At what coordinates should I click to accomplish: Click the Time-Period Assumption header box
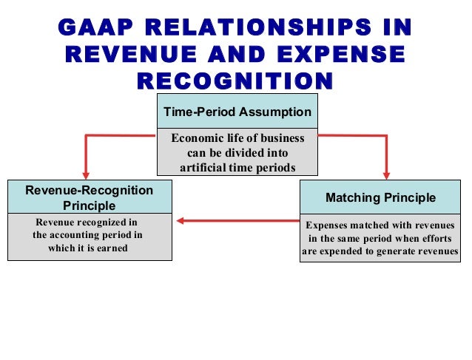(237, 112)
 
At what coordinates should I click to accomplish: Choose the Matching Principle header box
(380, 198)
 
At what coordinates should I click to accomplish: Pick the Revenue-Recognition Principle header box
(90, 197)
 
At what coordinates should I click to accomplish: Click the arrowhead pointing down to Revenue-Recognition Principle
(88, 174)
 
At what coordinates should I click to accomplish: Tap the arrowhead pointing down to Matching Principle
(385, 174)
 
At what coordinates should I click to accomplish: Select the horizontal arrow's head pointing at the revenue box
(180, 220)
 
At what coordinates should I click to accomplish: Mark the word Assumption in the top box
(275, 112)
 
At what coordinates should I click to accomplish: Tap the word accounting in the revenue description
(78, 234)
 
